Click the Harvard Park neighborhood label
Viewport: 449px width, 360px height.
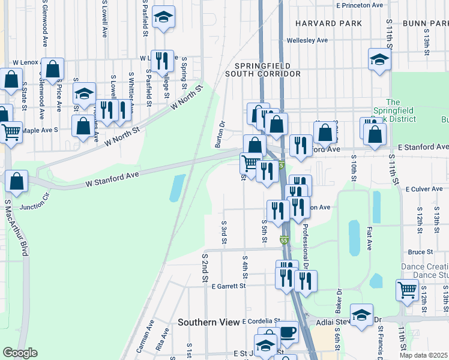[328, 23]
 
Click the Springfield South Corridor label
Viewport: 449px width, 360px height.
[262, 70]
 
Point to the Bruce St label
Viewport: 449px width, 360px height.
[420, 252]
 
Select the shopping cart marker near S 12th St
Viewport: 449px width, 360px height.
[408, 290]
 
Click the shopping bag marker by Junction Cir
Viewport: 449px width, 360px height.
[17, 181]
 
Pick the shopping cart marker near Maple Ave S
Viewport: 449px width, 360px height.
[12, 132]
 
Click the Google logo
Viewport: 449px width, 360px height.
[19, 353]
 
